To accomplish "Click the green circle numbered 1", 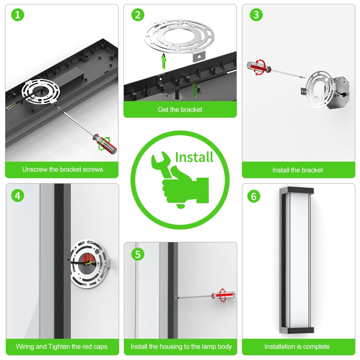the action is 18,15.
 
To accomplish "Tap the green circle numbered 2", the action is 138,15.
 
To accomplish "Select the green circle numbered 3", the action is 256,15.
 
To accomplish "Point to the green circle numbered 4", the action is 18,196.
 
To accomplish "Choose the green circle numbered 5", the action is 138,254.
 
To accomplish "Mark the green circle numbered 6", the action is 254,196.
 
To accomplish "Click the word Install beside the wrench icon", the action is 194,157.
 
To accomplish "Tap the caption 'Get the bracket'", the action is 180,109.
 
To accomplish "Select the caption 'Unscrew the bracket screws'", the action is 63,170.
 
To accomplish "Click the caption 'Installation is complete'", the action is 297,346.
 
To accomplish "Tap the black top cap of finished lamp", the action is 297,190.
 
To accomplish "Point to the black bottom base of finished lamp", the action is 297,330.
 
